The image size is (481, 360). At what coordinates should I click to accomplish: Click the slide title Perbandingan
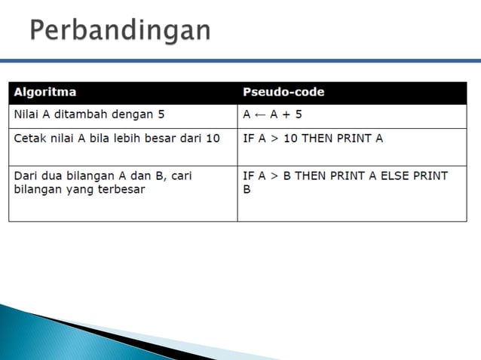(120, 31)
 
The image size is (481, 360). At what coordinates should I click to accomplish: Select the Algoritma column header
(45, 93)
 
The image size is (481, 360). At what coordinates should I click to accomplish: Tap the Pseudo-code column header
(283, 93)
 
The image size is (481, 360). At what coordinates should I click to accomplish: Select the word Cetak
(30, 139)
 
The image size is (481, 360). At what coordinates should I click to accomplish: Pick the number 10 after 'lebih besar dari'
(213, 139)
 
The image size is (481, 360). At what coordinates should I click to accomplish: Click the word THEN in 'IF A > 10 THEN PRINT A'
(318, 139)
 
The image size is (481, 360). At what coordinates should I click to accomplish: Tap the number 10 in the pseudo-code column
(291, 139)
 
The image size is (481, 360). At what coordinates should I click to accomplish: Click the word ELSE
(401, 175)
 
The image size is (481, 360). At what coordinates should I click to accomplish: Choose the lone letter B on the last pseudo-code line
(247, 190)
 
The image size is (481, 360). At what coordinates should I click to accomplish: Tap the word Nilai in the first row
(28, 116)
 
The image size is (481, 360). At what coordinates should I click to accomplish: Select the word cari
(179, 175)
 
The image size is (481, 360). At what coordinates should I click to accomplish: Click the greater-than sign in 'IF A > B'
(273, 175)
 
